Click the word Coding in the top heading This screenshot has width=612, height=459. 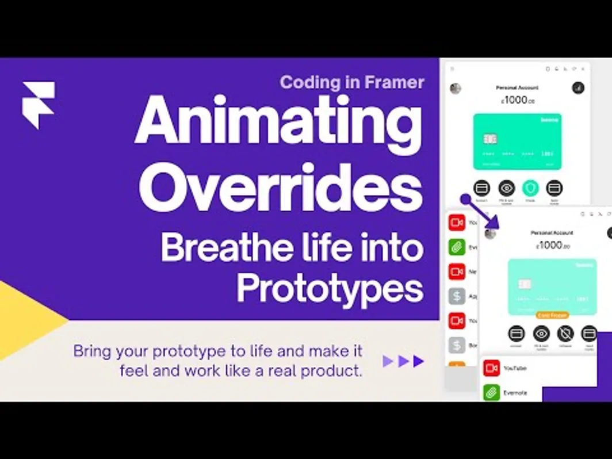(308, 82)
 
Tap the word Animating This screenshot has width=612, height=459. (278, 122)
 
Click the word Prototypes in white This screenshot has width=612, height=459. (330, 288)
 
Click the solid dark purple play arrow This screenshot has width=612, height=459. (419, 361)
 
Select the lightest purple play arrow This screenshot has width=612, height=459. (388, 361)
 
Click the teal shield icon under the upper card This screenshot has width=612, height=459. (530, 188)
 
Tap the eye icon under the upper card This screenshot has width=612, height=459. (506, 188)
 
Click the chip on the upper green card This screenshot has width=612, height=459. (490, 139)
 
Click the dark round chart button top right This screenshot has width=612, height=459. (578, 88)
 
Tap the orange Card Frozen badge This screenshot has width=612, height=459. (552, 315)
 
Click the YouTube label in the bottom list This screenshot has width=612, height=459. (515, 368)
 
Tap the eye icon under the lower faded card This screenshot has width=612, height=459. (541, 333)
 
